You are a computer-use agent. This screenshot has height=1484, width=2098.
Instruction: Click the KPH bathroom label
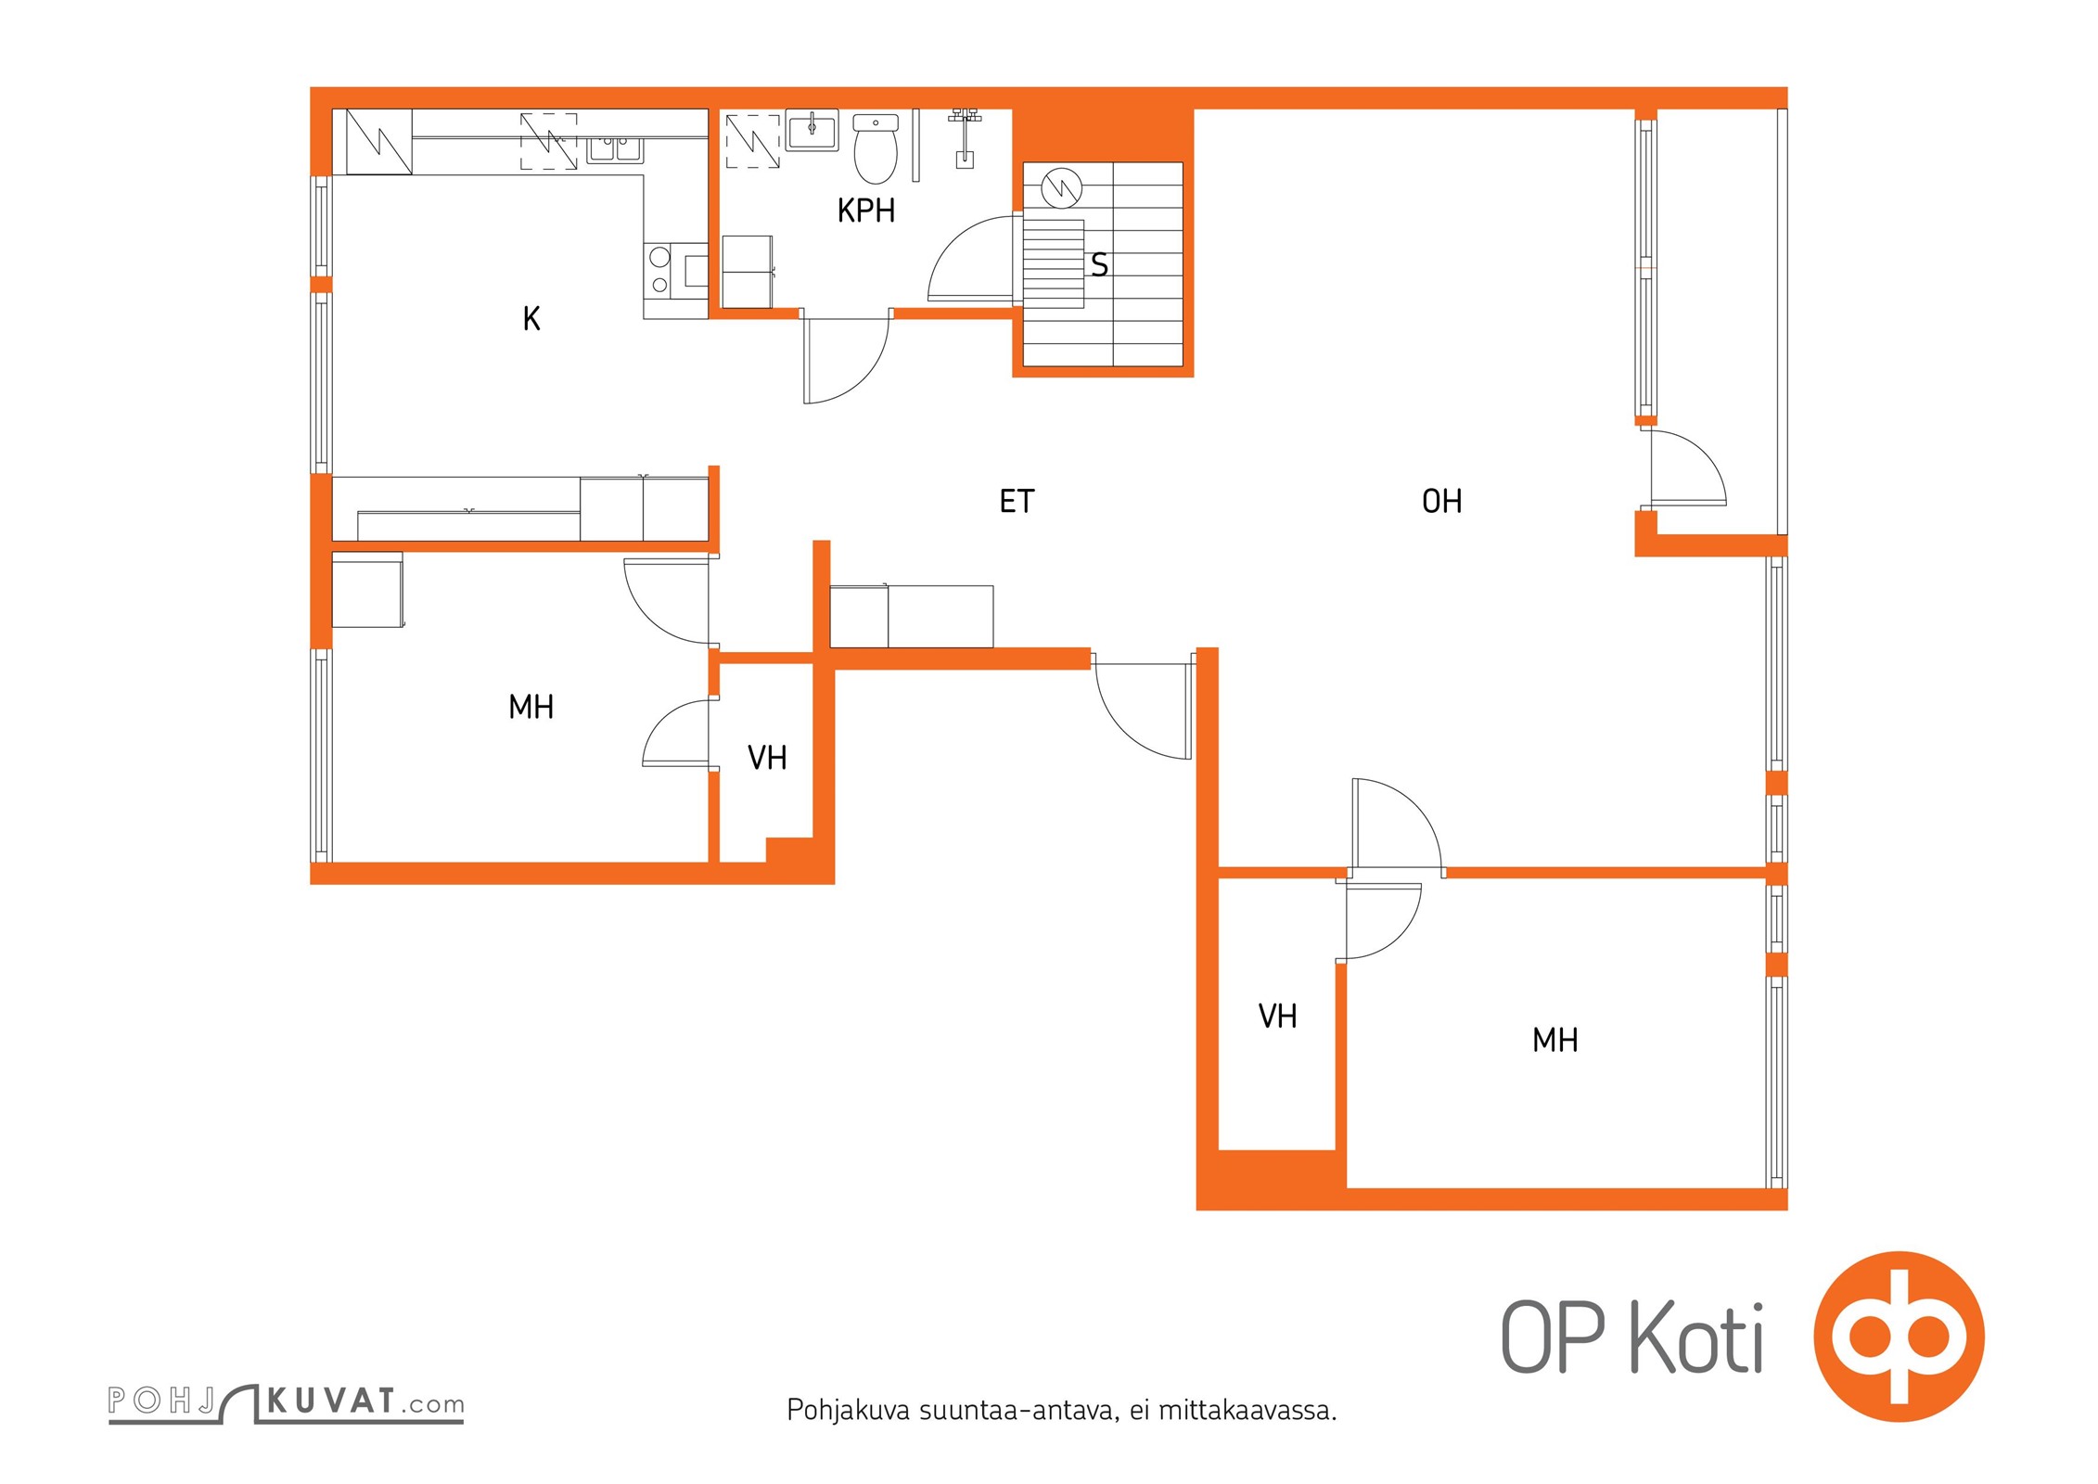click(x=865, y=211)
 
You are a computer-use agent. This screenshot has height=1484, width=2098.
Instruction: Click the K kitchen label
click(x=531, y=319)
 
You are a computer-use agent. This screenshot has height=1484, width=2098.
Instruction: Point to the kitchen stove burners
click(x=659, y=270)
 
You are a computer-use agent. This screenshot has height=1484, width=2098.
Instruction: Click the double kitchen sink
click(x=614, y=148)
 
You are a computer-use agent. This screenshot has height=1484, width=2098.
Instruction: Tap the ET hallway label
click(x=1016, y=502)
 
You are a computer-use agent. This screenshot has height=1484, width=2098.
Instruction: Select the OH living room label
click(x=1441, y=502)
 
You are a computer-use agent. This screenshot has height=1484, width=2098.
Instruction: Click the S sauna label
click(x=1099, y=265)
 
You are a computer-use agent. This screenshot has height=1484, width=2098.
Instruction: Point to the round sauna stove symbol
click(x=1061, y=188)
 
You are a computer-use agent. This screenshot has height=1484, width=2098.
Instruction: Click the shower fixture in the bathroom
click(x=965, y=139)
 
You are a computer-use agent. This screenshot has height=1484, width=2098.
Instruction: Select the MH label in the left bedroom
click(x=531, y=708)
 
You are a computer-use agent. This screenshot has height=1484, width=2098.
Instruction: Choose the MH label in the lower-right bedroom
click(x=1554, y=1041)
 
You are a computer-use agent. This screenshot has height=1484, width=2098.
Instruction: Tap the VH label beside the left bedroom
click(x=767, y=759)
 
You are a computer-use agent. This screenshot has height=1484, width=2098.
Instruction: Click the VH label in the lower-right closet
click(x=1277, y=1017)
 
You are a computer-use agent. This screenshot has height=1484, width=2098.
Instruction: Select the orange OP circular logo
click(x=1899, y=1337)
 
